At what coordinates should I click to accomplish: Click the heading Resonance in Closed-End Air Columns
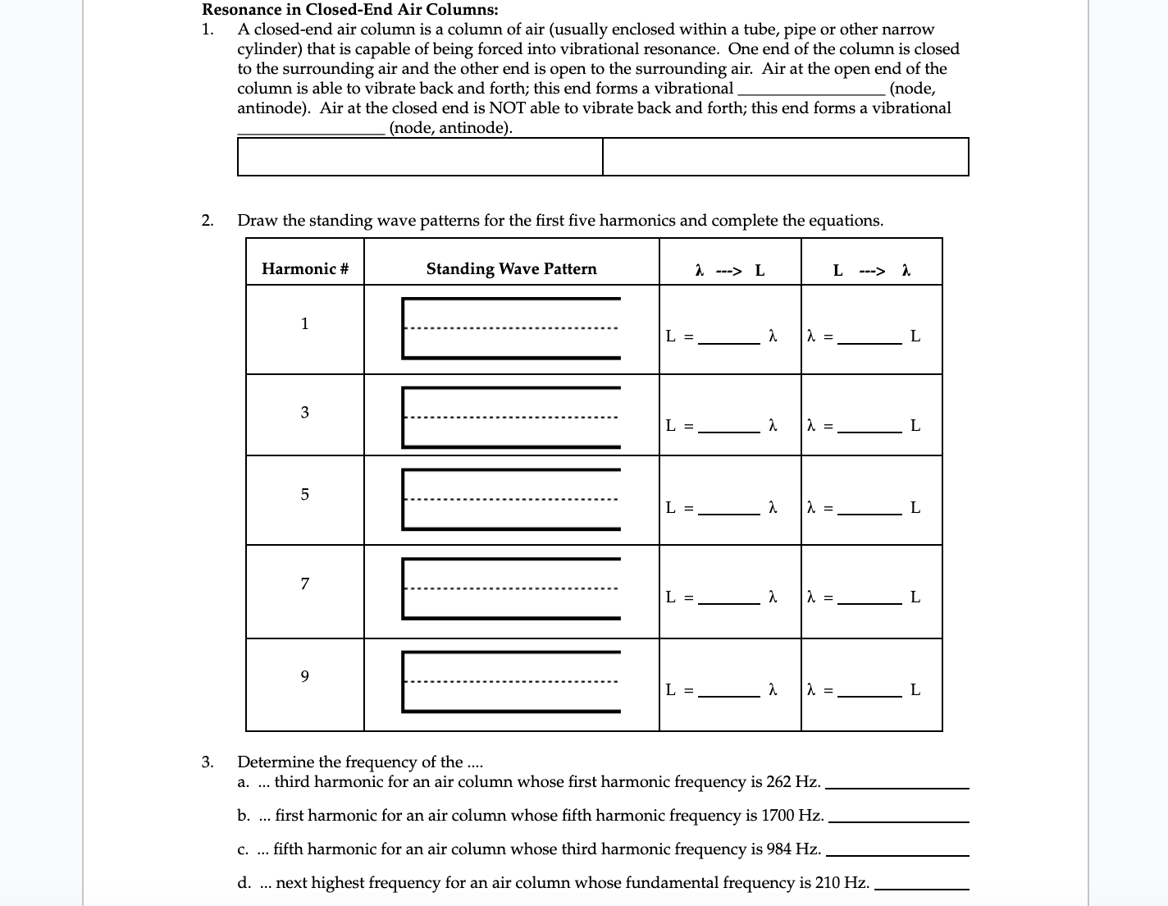coord(350,10)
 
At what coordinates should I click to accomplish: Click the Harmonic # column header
coord(305,269)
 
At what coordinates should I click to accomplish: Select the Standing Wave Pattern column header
coord(511,269)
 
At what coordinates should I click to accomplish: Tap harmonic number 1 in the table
coord(304,323)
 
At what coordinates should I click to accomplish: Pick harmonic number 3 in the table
coord(304,412)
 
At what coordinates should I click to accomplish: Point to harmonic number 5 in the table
coord(304,494)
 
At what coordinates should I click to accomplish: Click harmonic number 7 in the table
coord(304,584)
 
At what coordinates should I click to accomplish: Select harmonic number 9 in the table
coord(304,677)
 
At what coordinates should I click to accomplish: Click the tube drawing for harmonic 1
coord(511,328)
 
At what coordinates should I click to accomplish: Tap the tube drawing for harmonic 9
coord(511,681)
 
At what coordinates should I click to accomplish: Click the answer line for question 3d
coord(922,885)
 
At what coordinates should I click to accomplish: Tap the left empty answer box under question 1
coord(420,157)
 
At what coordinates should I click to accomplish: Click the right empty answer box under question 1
coord(785,157)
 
